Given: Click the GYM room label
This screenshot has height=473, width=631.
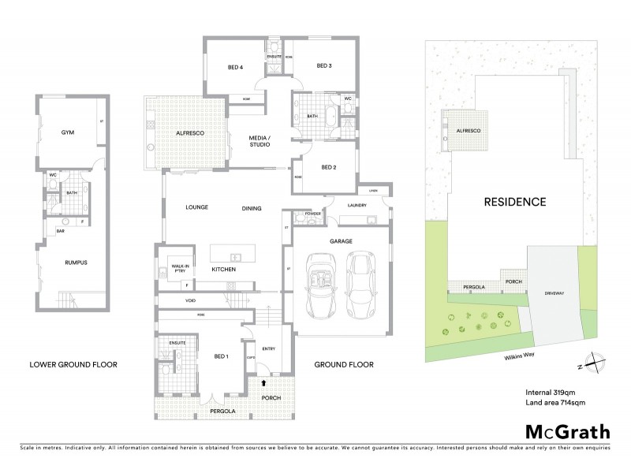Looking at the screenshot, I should pyautogui.click(x=68, y=132).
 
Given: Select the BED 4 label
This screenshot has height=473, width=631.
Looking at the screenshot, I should pyautogui.click(x=235, y=67).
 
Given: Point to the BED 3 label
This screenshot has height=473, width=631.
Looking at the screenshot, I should pyautogui.click(x=324, y=66).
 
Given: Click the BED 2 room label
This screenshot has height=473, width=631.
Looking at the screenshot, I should pyautogui.click(x=329, y=167).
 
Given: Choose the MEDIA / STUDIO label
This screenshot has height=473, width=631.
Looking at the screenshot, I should pyautogui.click(x=259, y=140).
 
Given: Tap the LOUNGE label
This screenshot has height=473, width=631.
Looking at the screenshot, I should pyautogui.click(x=196, y=208).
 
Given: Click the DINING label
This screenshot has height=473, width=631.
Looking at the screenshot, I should pyautogui.click(x=252, y=208).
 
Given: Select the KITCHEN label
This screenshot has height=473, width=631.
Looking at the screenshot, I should pyautogui.click(x=223, y=270).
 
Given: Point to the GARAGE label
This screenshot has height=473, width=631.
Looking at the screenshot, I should pyautogui.click(x=341, y=241).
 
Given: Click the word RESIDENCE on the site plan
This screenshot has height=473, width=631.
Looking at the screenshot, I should pyautogui.click(x=514, y=202).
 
